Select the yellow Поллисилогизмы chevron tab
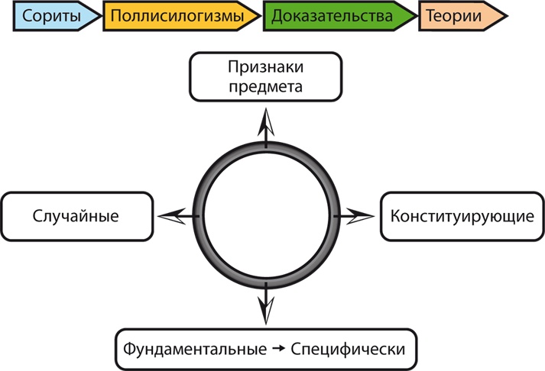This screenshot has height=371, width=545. pyautogui.click(x=179, y=16)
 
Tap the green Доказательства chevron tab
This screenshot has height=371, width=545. pyautogui.click(x=336, y=16)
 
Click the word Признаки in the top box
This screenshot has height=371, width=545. pyautogui.click(x=265, y=67)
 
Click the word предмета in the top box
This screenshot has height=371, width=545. pyautogui.click(x=265, y=85)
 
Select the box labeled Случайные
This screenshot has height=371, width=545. pyautogui.click(x=76, y=216)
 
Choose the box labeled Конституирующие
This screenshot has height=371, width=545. pyautogui.click(x=462, y=216)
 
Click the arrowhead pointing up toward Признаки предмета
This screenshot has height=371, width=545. pyautogui.click(x=265, y=122)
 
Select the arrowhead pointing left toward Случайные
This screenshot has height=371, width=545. pyautogui.click(x=172, y=216)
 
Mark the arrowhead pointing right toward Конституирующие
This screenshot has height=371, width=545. pyautogui.click(x=358, y=216)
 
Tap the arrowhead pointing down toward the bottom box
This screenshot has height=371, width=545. pyautogui.click(x=265, y=310)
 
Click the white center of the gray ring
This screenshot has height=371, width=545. pyautogui.click(x=265, y=216)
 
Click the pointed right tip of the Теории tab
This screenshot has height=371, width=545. pyautogui.click(x=507, y=16)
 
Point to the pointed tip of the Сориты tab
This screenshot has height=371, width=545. pyautogui.click(x=101, y=16)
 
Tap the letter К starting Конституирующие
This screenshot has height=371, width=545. pyautogui.click(x=395, y=216)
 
